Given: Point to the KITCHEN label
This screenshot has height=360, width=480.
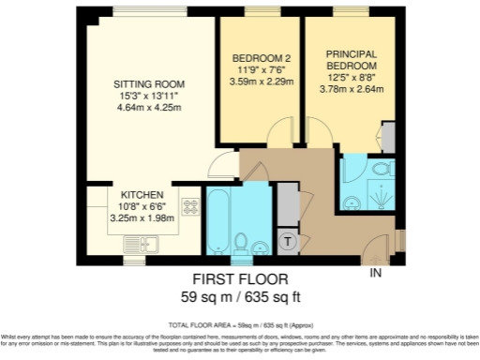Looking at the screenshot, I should (x=141, y=194).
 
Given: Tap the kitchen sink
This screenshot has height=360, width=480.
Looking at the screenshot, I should (x=141, y=242).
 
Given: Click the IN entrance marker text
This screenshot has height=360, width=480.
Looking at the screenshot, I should (x=376, y=274).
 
